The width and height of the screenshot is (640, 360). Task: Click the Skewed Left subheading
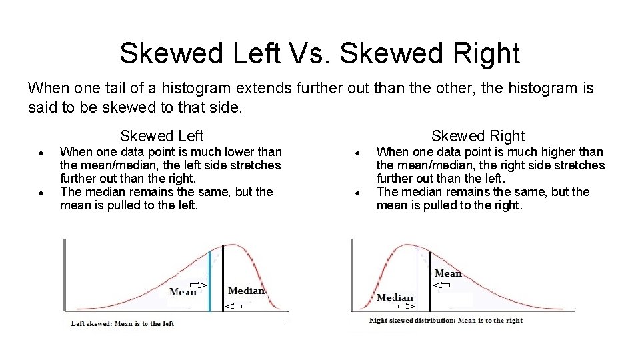pos(161,136)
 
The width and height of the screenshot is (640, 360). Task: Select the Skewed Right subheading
pos(478,136)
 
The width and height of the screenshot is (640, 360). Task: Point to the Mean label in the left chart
pos(183,291)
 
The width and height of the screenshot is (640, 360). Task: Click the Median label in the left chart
pos(247,290)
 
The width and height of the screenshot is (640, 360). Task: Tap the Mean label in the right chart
pos(448,273)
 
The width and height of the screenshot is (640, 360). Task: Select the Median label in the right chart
pos(395,297)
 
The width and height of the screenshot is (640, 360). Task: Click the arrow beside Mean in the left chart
pos(200,285)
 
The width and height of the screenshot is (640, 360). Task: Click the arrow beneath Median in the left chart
pos(233,306)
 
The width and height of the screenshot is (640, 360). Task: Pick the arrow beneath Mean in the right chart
pos(441,285)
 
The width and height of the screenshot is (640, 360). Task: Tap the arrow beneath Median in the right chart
pos(405,307)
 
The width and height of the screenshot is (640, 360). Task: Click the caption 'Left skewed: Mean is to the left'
pos(123,323)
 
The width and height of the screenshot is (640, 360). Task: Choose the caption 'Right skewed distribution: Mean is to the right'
pos(446,321)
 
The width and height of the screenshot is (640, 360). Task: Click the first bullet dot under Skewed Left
pos(41,153)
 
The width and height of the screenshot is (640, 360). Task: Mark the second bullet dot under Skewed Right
pos(357,193)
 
